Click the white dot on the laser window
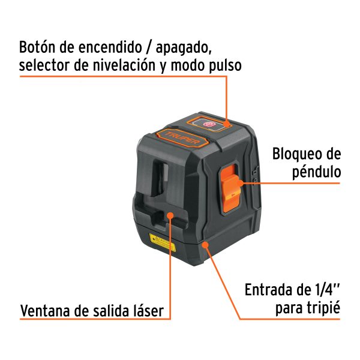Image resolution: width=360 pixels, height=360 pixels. click(x=170, y=215)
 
